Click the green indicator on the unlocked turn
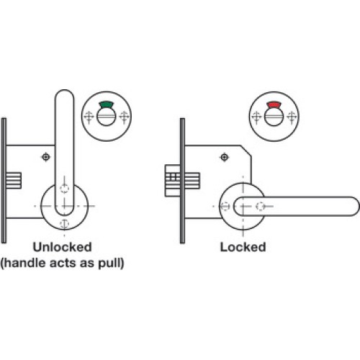click(x=107, y=104)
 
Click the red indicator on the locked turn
click(x=274, y=104)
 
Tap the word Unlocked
click(x=63, y=247)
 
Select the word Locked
click(x=243, y=247)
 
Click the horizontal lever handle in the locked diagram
click(x=297, y=206)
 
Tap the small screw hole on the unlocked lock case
click(x=46, y=157)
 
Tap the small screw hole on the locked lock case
click(x=225, y=157)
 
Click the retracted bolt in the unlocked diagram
click(x=14, y=181)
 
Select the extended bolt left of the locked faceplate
click(x=173, y=181)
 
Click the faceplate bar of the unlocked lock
click(x=4, y=181)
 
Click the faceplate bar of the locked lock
click(x=182, y=181)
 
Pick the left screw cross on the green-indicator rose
click(x=89, y=117)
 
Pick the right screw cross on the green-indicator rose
click(x=124, y=117)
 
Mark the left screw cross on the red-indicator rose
click(x=256, y=117)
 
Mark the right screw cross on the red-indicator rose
click(x=292, y=117)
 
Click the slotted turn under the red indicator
click(x=274, y=117)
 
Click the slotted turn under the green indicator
click(x=107, y=117)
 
